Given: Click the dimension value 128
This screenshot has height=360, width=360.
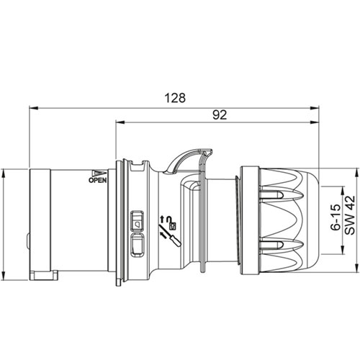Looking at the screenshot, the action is point(175,98).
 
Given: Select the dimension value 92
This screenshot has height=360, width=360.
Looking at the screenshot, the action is point(220,115).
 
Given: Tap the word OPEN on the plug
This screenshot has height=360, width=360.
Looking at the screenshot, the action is point(98,180).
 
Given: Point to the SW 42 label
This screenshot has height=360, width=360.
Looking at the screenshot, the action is point(350,215).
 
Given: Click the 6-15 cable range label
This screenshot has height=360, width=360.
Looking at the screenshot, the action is point(336,217).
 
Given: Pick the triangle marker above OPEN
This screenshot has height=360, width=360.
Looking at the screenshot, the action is point(99,174).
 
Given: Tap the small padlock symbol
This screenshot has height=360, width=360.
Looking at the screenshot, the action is point(173,225).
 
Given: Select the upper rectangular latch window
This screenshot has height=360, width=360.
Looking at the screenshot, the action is point(137,221).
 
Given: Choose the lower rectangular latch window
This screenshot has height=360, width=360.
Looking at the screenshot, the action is point(137,245).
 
